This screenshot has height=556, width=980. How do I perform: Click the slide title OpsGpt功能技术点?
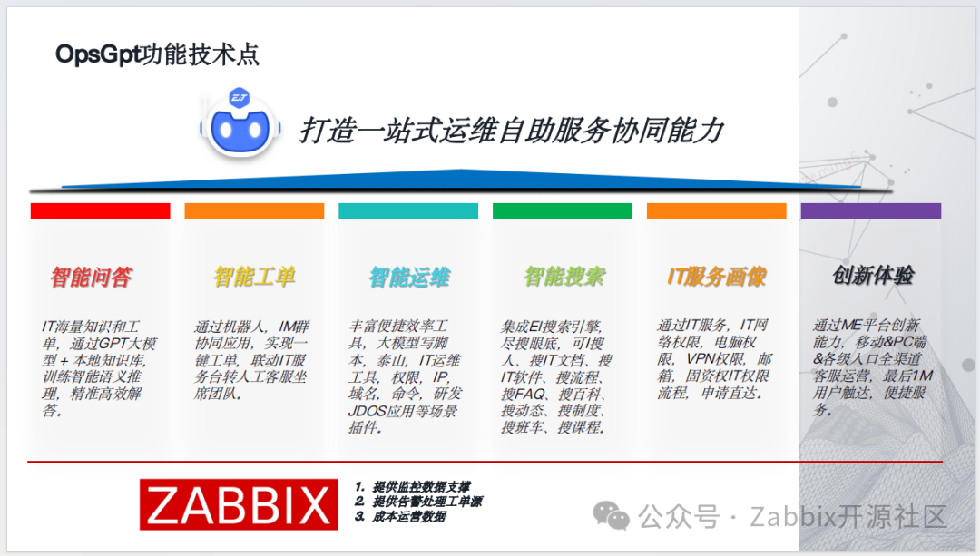[x=157, y=54]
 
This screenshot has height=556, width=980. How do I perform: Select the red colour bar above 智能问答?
[x=100, y=210]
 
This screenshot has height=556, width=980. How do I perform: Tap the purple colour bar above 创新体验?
[x=870, y=210]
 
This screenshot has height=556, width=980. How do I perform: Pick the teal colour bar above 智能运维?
[x=408, y=210]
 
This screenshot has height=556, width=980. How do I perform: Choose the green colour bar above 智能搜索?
[x=563, y=210]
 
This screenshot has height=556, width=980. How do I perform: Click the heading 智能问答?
[x=91, y=277]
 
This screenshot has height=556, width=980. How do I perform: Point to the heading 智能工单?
[x=254, y=277]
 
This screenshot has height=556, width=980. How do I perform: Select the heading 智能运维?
[x=409, y=277]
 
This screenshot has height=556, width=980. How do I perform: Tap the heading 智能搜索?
[x=564, y=276]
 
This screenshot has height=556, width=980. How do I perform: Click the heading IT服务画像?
[x=717, y=277]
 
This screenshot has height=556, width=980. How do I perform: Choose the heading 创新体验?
[x=873, y=276]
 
